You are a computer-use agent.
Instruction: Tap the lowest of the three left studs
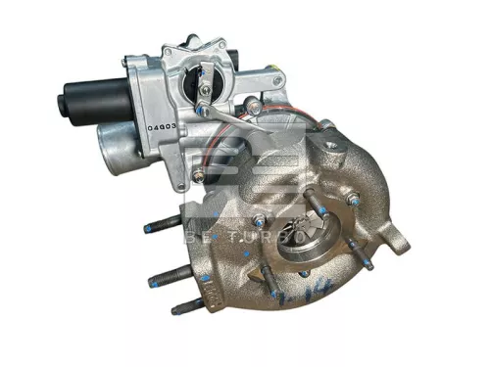[x=185, y=306]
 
